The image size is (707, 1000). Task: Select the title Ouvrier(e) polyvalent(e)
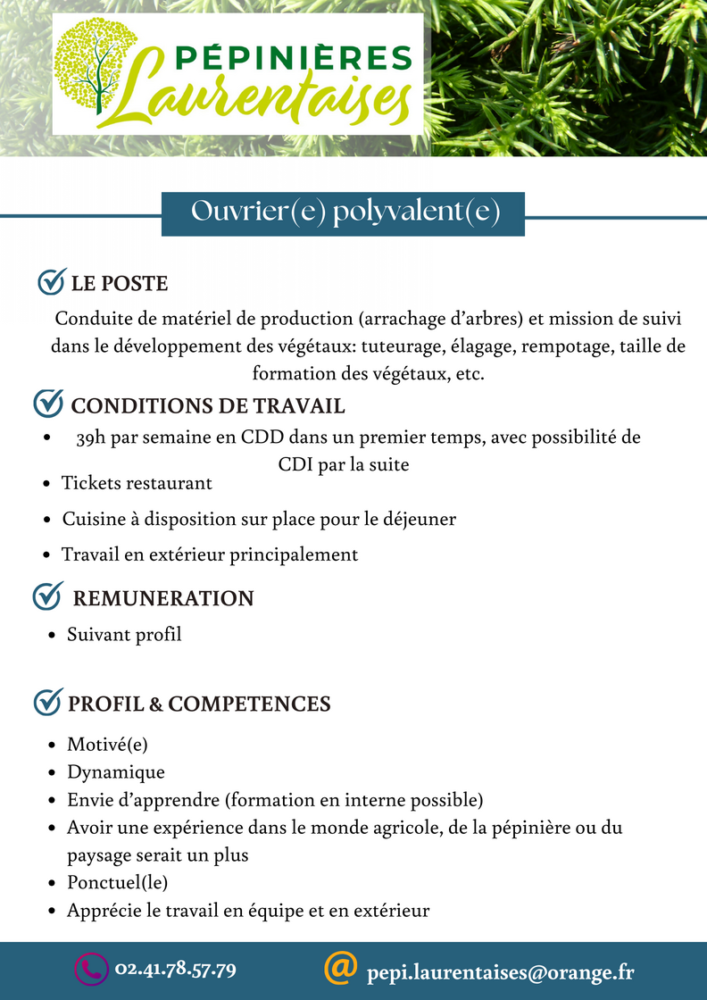click(345, 212)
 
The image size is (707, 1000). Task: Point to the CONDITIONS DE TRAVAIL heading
click(207, 405)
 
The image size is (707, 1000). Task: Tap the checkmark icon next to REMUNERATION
click(46, 596)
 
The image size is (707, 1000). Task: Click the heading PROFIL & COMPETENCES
click(199, 704)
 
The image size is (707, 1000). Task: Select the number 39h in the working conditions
click(92, 438)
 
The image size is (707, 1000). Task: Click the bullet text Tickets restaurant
click(137, 483)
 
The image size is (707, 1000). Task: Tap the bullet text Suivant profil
click(124, 635)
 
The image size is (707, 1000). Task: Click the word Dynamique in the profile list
click(116, 772)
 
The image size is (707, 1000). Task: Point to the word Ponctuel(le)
click(118, 883)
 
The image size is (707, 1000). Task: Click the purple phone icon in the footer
click(89, 970)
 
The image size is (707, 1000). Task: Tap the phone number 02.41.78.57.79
click(175, 969)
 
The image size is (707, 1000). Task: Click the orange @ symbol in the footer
click(340, 967)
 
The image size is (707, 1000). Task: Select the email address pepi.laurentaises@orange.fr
click(500, 971)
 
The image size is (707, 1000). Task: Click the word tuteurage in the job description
click(439, 346)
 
